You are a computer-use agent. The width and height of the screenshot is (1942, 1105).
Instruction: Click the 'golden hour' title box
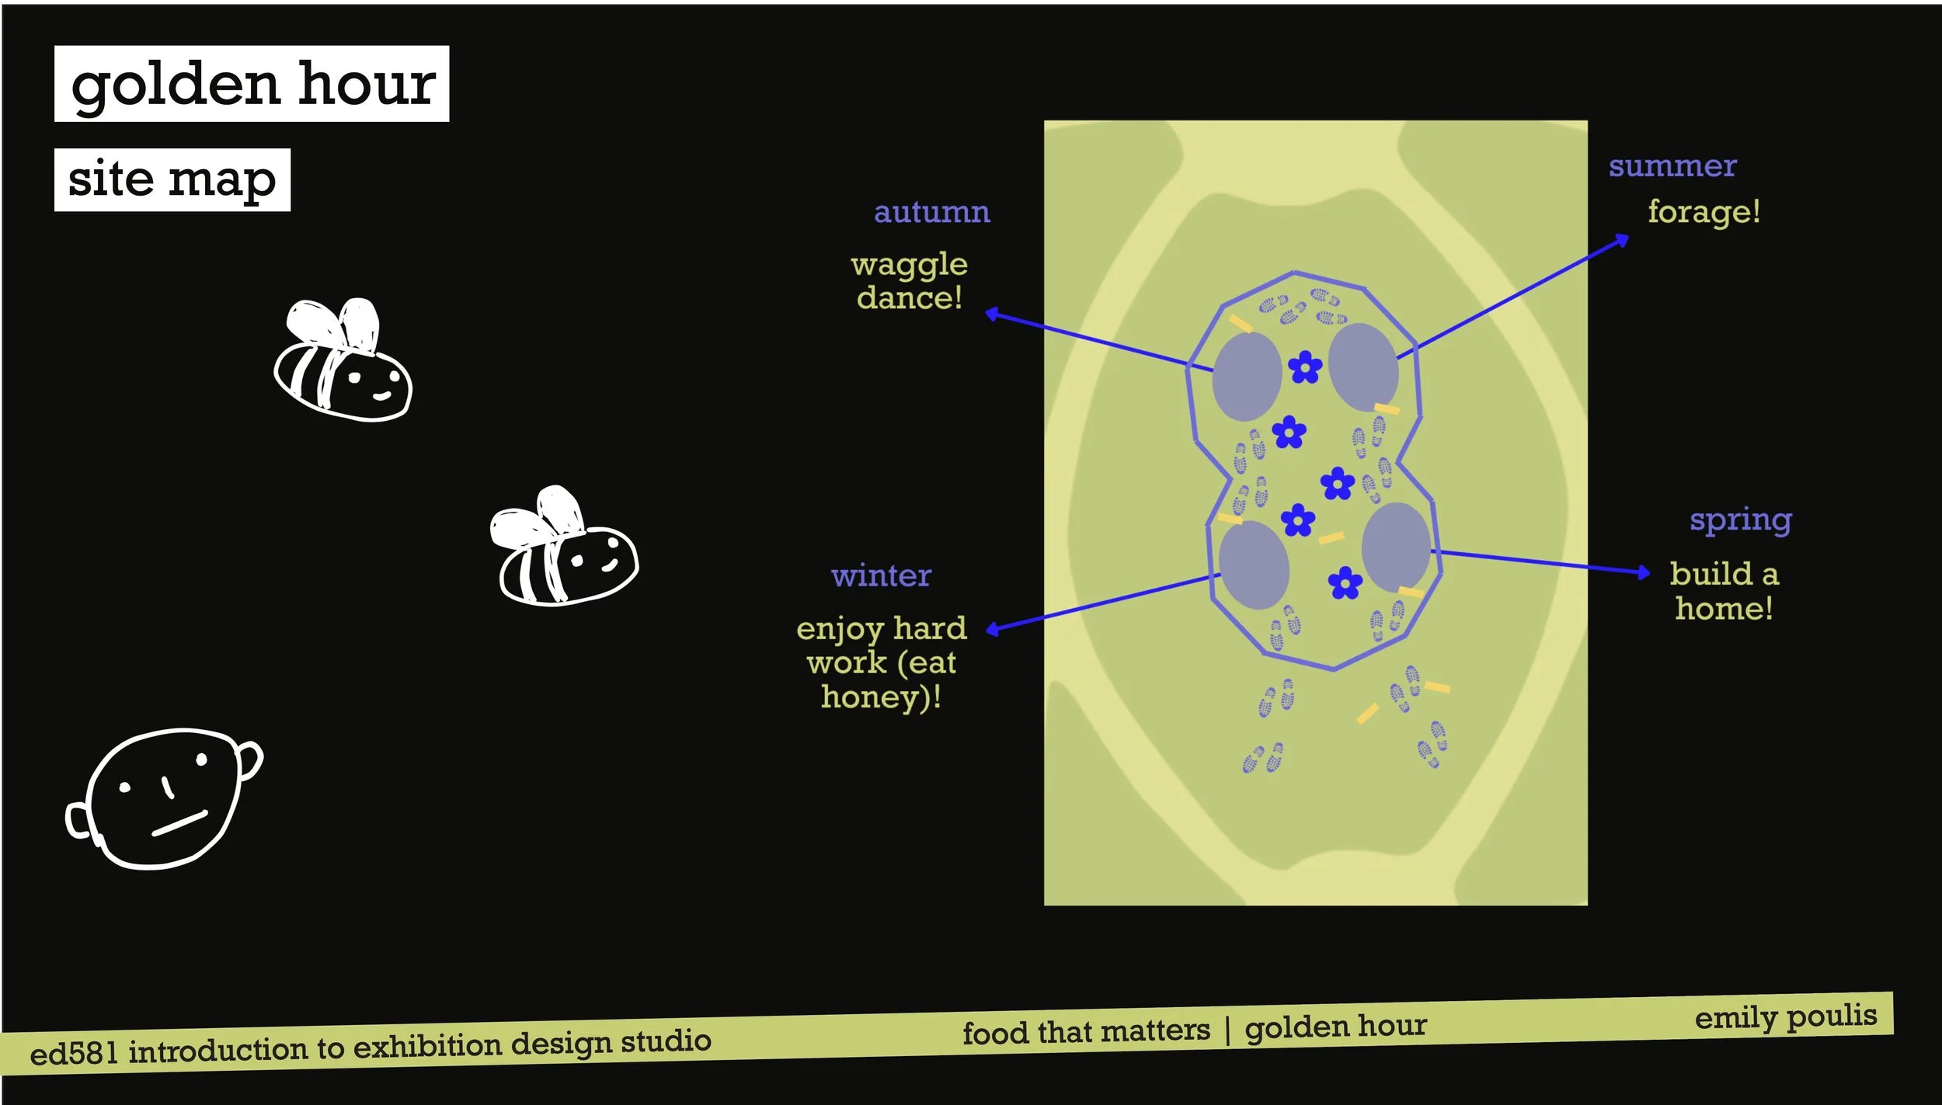[x=252, y=84]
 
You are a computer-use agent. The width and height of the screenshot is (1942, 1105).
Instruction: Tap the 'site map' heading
[x=172, y=179]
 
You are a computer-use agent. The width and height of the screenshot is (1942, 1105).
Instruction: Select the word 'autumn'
[x=931, y=212]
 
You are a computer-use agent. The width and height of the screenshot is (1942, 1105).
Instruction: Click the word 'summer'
[x=1672, y=165]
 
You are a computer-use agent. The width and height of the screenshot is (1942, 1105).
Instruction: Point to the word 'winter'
[x=881, y=575]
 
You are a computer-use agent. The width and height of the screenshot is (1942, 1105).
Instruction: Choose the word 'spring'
[x=1740, y=519]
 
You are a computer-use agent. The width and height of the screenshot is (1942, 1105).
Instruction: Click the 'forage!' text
[x=1704, y=211]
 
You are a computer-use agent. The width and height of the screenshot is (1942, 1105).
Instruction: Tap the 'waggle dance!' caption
[x=909, y=281]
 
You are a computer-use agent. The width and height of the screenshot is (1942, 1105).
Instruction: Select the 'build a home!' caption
[x=1724, y=591]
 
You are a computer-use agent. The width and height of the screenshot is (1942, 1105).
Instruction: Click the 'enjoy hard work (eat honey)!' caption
[x=882, y=662]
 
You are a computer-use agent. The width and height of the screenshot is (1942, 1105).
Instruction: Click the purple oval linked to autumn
[x=1247, y=377]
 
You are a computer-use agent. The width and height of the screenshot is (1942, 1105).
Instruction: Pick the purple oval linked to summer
[x=1363, y=367]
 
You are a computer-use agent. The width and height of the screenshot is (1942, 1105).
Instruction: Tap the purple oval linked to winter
[x=1254, y=565]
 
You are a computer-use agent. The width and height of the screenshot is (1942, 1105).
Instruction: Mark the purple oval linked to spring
[x=1396, y=546]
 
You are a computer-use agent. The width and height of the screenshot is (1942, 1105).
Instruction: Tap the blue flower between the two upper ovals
[x=1305, y=367]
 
